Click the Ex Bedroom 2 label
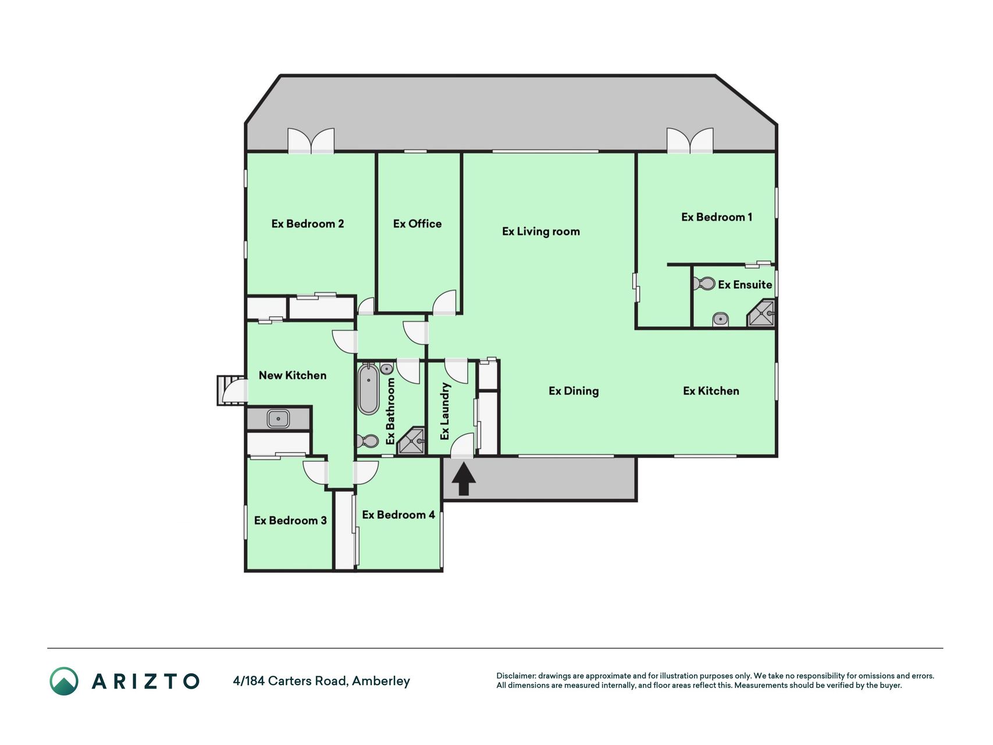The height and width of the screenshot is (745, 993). pyautogui.click(x=307, y=224)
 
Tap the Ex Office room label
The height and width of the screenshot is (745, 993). pyautogui.click(x=417, y=224)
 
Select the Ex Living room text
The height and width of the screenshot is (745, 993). pyautogui.click(x=541, y=232)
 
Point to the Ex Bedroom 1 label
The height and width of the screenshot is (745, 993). pyautogui.click(x=717, y=217)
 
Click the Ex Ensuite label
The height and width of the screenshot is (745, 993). pyautogui.click(x=745, y=285)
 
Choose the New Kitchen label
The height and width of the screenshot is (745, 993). pyautogui.click(x=292, y=375)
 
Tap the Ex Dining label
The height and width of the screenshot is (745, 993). pyautogui.click(x=574, y=391)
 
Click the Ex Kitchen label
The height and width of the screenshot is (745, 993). pyautogui.click(x=711, y=391)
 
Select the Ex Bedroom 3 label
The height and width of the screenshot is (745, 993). pyautogui.click(x=290, y=520)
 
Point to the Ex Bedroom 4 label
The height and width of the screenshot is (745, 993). pyautogui.click(x=398, y=515)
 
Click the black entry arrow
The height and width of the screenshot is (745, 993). pyautogui.click(x=464, y=480)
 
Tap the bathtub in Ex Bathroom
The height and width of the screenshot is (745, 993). pyautogui.click(x=368, y=389)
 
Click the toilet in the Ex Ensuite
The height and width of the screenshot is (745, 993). pyautogui.click(x=704, y=284)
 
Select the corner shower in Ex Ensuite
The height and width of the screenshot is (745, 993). pyautogui.click(x=761, y=313)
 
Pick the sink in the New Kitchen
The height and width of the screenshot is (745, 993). pyautogui.click(x=279, y=418)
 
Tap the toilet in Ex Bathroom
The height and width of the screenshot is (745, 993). pyautogui.click(x=368, y=441)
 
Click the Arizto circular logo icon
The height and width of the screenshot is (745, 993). pyautogui.click(x=64, y=681)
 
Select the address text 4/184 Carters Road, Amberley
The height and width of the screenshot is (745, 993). pyautogui.click(x=321, y=681)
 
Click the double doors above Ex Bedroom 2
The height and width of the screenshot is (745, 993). pyautogui.click(x=311, y=141)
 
